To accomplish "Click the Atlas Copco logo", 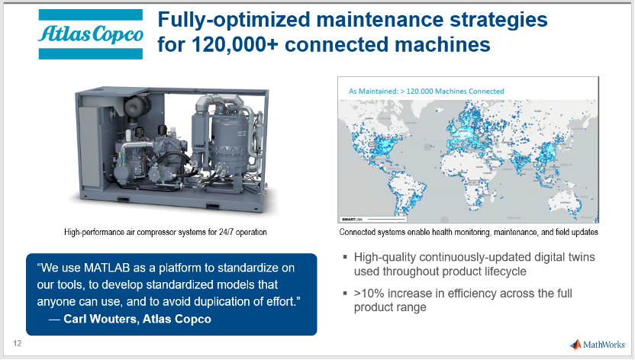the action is click(x=91, y=34).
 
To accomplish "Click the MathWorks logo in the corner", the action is click(x=598, y=345).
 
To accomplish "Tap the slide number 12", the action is click(x=18, y=343).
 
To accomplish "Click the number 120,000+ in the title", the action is click(x=235, y=44).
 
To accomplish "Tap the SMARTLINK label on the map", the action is click(x=352, y=219).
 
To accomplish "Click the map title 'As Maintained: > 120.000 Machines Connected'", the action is click(x=427, y=92).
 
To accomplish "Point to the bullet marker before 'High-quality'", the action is click(x=345, y=256).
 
